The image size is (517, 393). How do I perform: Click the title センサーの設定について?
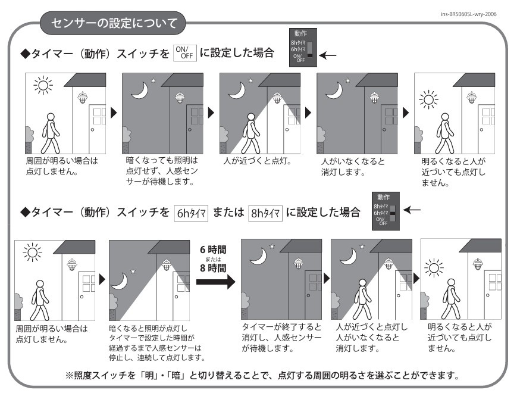[114, 23]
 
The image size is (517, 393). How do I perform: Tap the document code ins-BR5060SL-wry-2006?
[469, 14]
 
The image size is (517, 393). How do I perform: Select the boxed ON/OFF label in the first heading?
[185, 53]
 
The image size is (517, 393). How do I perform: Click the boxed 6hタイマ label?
[191, 213]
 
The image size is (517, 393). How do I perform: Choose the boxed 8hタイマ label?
[265, 213]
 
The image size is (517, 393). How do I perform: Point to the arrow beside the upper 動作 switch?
[328, 55]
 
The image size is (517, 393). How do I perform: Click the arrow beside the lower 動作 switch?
[412, 210]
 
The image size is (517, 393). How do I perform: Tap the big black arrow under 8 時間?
[215, 282]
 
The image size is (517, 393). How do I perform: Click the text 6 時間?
[214, 249]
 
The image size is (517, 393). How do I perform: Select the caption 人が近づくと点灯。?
[258, 161]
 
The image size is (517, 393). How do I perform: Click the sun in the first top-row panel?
[43, 85]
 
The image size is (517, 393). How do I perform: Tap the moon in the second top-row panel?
[140, 90]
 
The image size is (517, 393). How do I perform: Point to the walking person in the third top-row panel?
[251, 133]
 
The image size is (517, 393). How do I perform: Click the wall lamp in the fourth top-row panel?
[374, 97]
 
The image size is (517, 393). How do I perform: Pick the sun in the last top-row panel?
[428, 99]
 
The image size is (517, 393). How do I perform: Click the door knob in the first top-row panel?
[92, 130]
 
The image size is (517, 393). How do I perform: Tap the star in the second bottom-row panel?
[133, 272]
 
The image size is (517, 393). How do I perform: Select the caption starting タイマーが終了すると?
[281, 338]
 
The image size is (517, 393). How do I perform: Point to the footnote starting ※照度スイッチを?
[262, 375]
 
